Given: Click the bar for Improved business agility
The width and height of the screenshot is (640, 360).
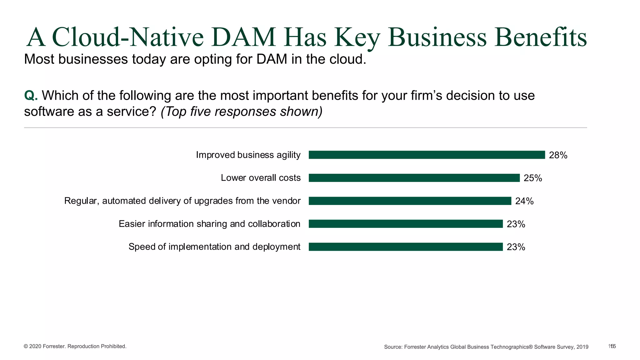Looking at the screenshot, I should point(427,155).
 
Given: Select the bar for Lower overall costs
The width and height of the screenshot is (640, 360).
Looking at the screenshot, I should point(414,178).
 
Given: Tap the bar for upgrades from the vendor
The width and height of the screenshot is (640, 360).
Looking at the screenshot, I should point(410,201).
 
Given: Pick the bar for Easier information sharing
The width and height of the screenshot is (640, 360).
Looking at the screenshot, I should point(406,224).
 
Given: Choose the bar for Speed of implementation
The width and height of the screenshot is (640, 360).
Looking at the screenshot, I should point(406,247).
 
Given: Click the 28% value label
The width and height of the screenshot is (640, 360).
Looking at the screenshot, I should point(558,155).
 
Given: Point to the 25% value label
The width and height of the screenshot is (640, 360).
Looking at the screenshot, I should point(532,178).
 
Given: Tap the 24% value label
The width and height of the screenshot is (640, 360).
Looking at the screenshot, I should point(524,201).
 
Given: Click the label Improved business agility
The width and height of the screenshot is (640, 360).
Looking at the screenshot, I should point(248,155).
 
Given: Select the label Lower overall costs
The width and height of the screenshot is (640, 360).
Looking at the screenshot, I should point(261,178).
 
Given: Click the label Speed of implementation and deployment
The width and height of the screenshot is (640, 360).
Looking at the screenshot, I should point(214,247).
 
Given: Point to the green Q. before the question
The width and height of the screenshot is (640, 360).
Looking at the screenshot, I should point(31,96).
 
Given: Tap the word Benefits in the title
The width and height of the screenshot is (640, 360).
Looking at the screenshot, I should point(540,37).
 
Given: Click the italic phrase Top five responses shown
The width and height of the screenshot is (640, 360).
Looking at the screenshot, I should point(242,112).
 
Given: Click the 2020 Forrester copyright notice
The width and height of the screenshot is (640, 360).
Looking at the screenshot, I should point(75,346).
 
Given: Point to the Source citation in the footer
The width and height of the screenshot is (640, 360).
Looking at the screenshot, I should point(486,347).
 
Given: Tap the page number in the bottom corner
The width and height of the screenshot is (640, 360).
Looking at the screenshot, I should point(612,346).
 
